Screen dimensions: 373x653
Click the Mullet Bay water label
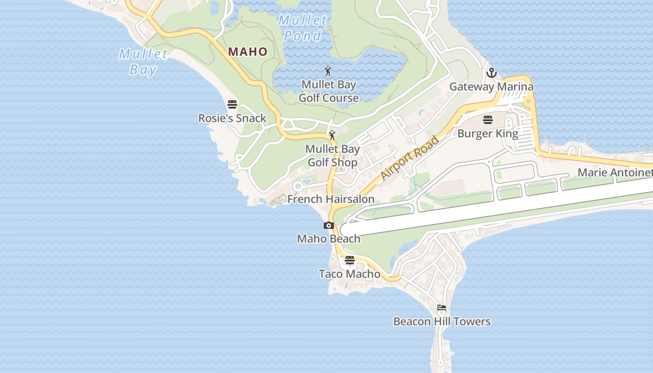(x=143, y=62)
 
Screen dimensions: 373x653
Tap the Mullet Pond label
(x=303, y=28)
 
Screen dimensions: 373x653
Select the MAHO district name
(x=248, y=52)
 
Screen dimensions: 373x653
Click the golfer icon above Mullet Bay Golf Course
(x=328, y=71)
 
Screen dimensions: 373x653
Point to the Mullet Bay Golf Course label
(x=329, y=91)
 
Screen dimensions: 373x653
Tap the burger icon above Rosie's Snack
(x=232, y=104)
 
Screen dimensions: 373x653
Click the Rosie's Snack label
(x=232, y=118)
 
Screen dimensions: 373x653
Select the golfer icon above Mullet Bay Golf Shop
(x=332, y=136)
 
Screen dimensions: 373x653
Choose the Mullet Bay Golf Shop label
(x=332, y=156)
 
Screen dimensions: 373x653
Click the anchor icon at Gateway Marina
(x=491, y=73)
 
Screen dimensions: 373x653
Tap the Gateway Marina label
(x=491, y=87)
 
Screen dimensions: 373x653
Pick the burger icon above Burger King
(x=488, y=120)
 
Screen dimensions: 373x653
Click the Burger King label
(x=488, y=134)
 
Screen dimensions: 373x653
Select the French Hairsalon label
(x=331, y=199)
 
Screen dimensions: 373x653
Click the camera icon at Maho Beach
(x=329, y=226)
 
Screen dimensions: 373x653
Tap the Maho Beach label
(x=329, y=239)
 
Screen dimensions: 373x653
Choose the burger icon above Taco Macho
(x=350, y=260)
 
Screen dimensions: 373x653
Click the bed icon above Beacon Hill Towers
(x=442, y=308)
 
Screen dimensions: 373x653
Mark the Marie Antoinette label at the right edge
(x=615, y=173)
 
